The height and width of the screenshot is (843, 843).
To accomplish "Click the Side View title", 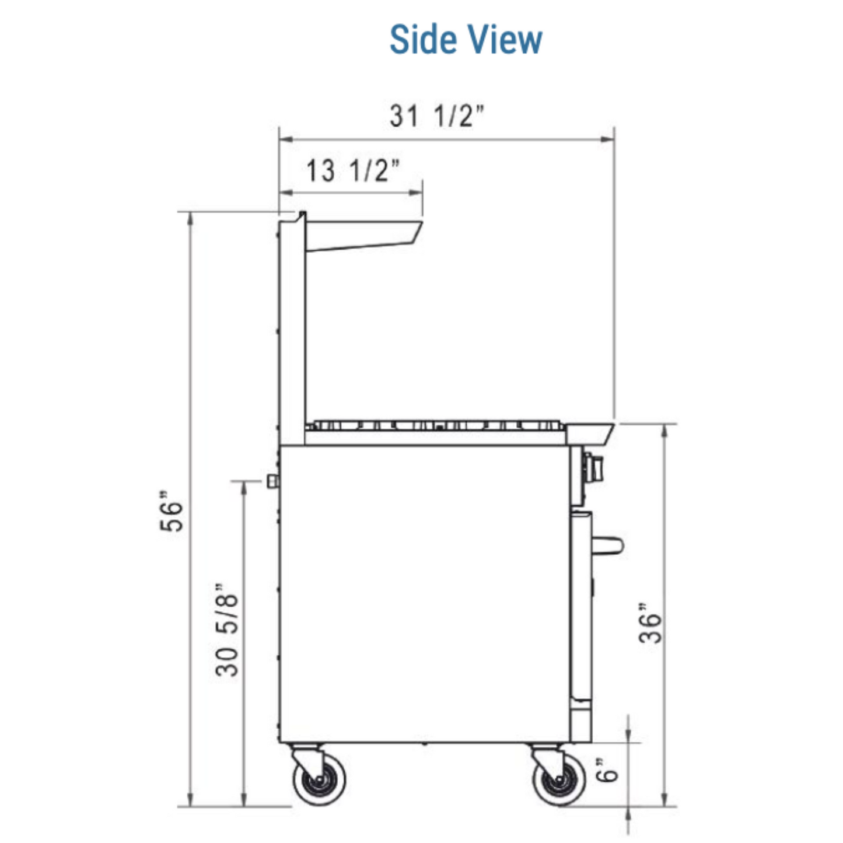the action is [466, 39].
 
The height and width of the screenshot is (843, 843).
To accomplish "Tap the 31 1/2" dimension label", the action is [437, 116].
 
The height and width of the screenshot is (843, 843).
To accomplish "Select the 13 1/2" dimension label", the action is [352, 170].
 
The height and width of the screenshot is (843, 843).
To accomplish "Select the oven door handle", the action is [607, 545].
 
